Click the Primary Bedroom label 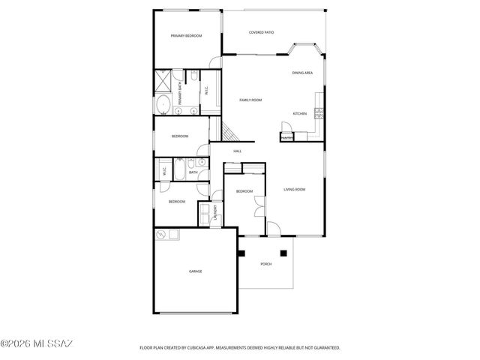coord(186,36)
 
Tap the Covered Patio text coord(261,32)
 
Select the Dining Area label coord(302,73)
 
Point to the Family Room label coord(250,100)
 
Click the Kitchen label coord(299,113)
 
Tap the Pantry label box coord(286,138)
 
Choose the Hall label coord(237,151)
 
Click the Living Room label coord(294,189)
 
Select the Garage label coord(195,271)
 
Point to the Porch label coord(265,264)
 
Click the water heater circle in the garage coord(161,235)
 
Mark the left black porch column coord(241,253)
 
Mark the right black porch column coord(284,253)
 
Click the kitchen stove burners coord(319,113)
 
